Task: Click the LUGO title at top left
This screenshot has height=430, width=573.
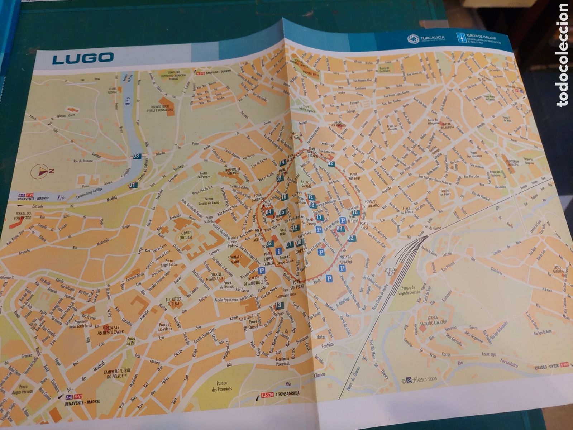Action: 83,58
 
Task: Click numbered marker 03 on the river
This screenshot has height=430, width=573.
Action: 137,156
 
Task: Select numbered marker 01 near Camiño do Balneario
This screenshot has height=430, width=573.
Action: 133,185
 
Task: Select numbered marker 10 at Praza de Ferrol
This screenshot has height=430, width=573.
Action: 355,212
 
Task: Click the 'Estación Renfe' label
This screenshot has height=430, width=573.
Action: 390,272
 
